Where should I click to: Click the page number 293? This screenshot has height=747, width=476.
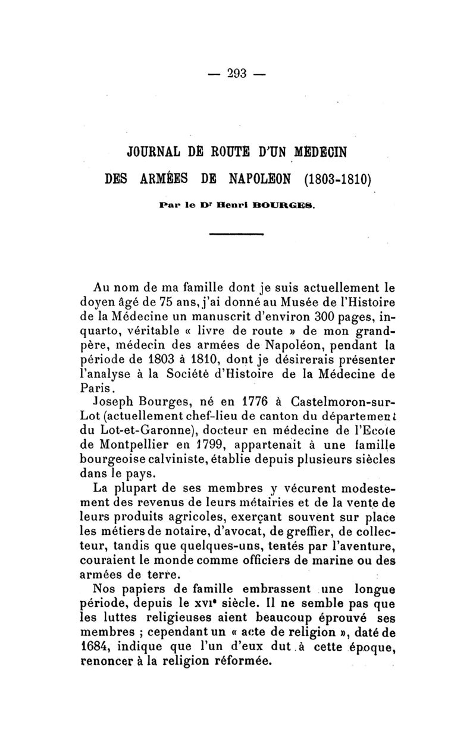237,74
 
